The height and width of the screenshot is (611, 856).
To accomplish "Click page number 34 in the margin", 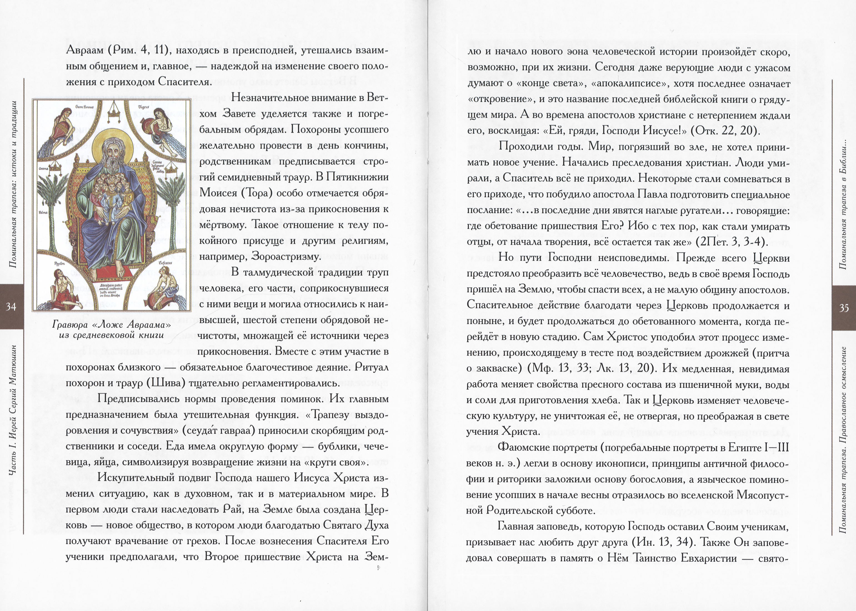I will (11, 307).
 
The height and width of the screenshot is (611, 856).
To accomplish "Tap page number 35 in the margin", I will (844, 308).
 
